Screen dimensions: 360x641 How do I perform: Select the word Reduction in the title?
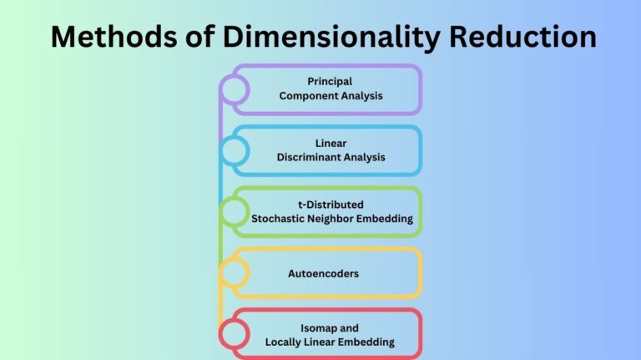[x=522, y=37]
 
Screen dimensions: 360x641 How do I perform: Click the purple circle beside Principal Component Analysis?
[x=235, y=89]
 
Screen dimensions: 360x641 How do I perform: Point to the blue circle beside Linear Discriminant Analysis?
[x=235, y=150]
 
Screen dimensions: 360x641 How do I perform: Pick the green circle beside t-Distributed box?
[x=235, y=211]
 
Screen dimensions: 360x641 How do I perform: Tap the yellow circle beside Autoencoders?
[x=235, y=272]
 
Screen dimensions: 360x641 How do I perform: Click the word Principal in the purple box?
[x=330, y=82]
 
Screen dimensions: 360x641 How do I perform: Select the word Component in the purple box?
[x=310, y=96]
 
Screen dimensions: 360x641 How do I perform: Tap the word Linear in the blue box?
[x=330, y=143]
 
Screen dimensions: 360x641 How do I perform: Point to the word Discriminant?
[x=310, y=157]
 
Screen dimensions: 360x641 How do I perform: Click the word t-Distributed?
[x=330, y=205]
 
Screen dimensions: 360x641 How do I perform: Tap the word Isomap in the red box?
[x=318, y=327]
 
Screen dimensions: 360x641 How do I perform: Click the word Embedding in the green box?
[x=387, y=219]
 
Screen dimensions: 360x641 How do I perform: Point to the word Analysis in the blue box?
[x=364, y=157]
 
